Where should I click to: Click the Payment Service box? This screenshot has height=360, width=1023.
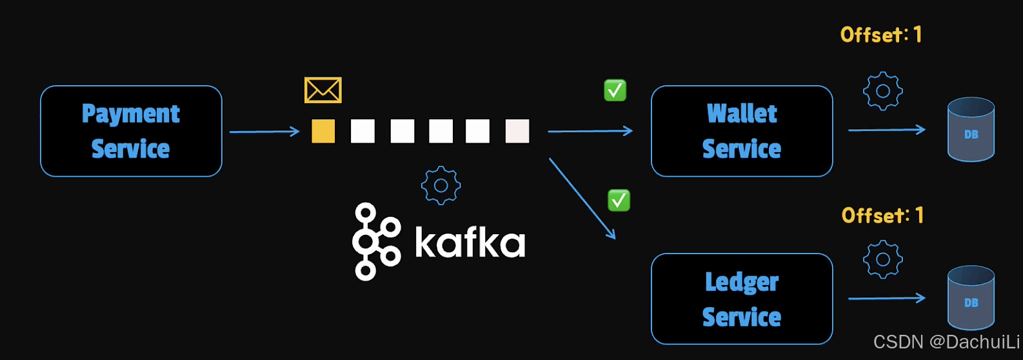click(131, 131)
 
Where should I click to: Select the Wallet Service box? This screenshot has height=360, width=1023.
click(742, 131)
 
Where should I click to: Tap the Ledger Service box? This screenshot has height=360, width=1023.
click(742, 299)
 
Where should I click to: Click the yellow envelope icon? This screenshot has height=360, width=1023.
click(323, 90)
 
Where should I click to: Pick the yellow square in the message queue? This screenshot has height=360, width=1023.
click(323, 131)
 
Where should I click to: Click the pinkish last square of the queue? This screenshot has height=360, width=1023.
click(517, 131)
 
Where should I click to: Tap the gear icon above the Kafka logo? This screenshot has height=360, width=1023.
click(441, 186)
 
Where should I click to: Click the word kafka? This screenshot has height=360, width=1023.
click(470, 243)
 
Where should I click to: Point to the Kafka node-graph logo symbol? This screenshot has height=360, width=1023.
click(375, 241)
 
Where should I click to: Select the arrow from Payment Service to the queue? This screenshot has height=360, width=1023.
click(264, 132)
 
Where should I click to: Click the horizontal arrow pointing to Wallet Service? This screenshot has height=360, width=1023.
click(590, 131)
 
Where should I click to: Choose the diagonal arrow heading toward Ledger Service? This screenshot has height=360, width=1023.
click(582, 198)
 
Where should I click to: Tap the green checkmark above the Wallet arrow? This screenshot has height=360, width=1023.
click(615, 90)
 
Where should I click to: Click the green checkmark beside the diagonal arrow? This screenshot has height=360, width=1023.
click(619, 201)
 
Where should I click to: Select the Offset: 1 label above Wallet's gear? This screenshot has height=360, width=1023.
click(881, 34)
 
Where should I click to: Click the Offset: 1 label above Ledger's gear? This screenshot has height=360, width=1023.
click(882, 215)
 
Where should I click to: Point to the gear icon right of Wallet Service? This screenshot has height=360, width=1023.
click(883, 91)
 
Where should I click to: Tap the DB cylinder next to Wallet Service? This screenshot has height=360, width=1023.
click(971, 130)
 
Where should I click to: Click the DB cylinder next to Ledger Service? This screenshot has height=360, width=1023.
click(971, 298)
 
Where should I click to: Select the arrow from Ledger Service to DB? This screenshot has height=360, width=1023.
click(887, 298)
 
